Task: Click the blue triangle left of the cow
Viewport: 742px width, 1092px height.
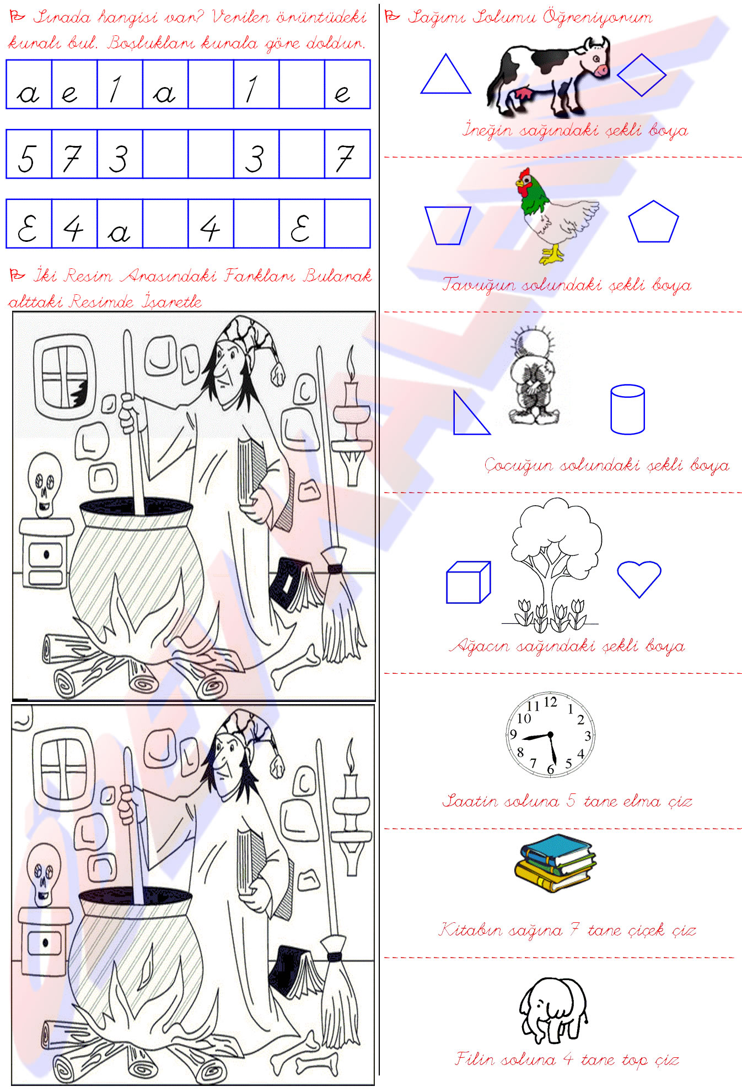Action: pos(446,74)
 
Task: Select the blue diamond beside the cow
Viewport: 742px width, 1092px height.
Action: pos(642,75)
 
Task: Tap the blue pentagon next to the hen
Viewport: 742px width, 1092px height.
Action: pos(653,221)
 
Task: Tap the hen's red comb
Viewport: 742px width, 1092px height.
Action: pos(524,175)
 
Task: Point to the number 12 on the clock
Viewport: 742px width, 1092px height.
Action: pos(550,702)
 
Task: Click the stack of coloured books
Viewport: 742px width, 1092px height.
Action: pos(555,863)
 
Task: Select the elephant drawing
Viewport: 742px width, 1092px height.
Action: pos(553,1010)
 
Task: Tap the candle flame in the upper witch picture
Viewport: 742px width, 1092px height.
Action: pos(351,361)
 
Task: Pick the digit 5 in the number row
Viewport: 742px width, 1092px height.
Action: pos(28,158)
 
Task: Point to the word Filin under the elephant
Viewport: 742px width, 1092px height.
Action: pos(477,1058)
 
